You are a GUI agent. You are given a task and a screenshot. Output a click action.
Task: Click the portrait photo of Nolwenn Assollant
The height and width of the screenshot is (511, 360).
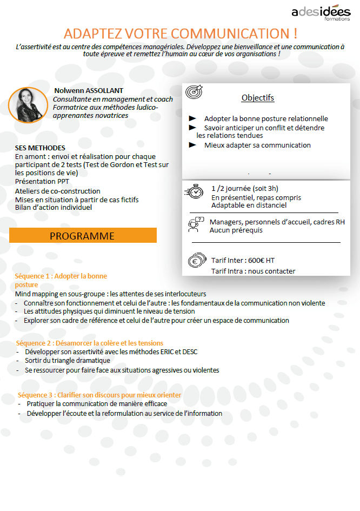click(x=28, y=105)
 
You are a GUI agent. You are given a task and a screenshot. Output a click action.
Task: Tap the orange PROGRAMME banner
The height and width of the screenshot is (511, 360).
click(x=83, y=236)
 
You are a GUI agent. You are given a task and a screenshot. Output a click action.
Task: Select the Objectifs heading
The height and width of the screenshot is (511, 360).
click(x=258, y=98)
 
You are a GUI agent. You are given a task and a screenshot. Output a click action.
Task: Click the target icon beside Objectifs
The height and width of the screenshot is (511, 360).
click(x=194, y=92)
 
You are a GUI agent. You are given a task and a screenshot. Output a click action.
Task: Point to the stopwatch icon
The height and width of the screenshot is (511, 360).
click(x=194, y=192)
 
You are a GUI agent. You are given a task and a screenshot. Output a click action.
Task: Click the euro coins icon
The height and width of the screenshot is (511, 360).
click(x=196, y=261)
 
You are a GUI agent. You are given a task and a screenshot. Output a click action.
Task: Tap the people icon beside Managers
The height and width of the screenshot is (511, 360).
click(x=195, y=224)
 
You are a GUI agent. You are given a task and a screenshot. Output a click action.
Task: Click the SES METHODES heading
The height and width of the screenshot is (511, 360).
click(x=40, y=148)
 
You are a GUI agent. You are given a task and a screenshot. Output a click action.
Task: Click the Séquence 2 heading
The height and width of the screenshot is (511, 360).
click(x=90, y=343)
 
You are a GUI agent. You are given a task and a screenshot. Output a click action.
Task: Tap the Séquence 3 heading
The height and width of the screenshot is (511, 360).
click(x=99, y=395)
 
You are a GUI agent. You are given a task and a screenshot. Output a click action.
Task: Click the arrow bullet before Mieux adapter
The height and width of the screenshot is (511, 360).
click(x=192, y=145)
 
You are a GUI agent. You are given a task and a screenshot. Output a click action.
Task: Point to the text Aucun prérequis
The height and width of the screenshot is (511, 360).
click(x=236, y=230)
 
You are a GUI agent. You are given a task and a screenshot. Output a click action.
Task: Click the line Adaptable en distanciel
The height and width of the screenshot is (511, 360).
click(x=249, y=205)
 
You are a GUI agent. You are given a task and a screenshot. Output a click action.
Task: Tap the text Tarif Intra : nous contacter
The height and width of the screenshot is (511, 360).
click(x=253, y=271)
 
